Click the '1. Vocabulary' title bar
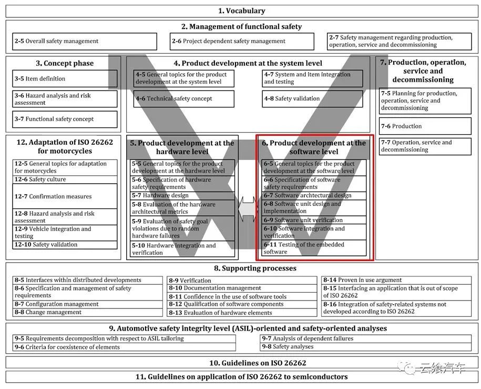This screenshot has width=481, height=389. (x=241, y=11)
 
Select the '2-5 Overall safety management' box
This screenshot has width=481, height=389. (x=85, y=41)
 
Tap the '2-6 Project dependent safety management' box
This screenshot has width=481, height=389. (x=242, y=41)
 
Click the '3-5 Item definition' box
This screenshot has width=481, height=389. (x=65, y=79)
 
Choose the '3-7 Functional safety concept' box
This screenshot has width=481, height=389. (x=65, y=119)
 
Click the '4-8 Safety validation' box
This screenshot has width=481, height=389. (x=312, y=98)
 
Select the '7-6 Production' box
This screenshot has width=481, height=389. (x=425, y=126)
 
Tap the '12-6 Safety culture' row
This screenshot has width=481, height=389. (x=65, y=179)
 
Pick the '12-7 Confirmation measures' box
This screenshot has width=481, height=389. (x=65, y=196)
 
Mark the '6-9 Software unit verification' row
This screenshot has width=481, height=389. (x=314, y=220)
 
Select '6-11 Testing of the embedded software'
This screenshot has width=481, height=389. (x=314, y=248)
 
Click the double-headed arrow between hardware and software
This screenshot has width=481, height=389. (x=247, y=209)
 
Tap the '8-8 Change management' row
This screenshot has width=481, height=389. (x=87, y=312)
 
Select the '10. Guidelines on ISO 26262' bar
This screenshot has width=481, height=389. (x=241, y=363)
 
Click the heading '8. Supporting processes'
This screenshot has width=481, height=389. (x=241, y=268)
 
